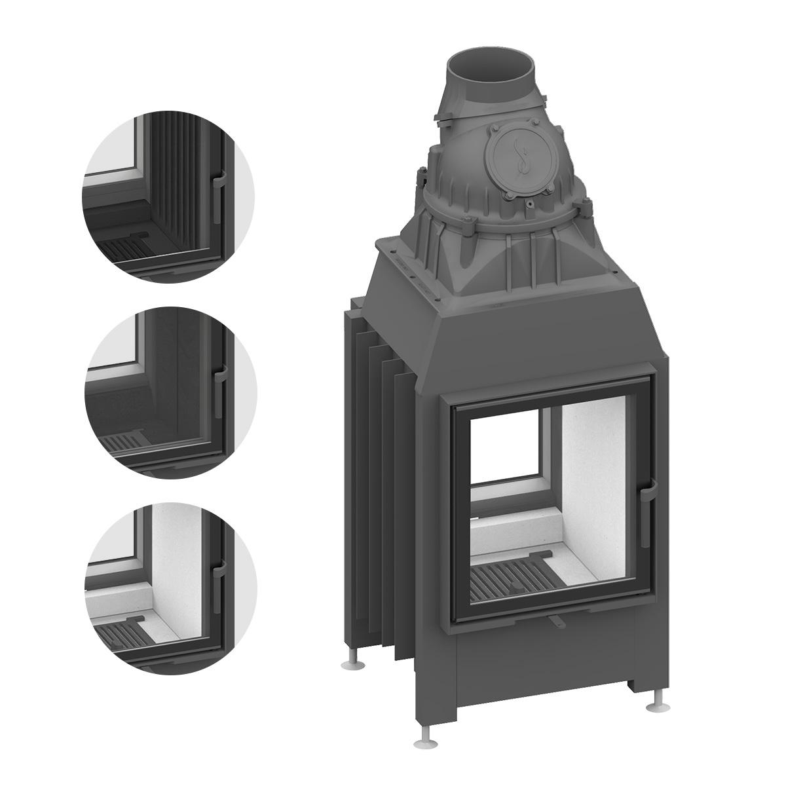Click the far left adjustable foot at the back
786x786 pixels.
(351, 665)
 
